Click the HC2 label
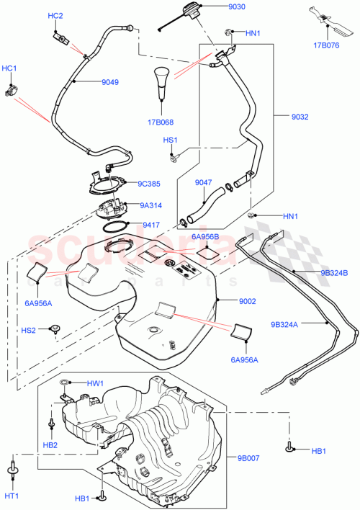pyautogui.click(x=55, y=16)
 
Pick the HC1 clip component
pyautogui.click(x=12, y=91)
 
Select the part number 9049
pyautogui.click(x=109, y=82)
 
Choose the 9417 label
pyautogui.click(x=151, y=225)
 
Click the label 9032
pyautogui.click(x=301, y=115)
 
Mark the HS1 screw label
pyautogui.click(x=170, y=140)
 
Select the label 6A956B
pyautogui.click(x=205, y=236)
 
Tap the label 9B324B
pyautogui.click(x=333, y=273)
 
